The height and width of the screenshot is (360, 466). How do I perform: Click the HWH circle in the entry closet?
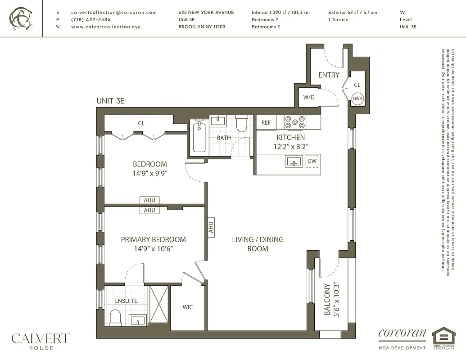[357, 99]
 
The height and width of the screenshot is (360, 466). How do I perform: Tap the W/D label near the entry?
[308, 97]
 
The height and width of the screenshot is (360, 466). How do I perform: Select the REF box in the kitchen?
[266, 122]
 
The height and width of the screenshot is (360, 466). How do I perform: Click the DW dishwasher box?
[312, 161]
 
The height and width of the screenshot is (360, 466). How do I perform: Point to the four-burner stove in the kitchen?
[295, 122]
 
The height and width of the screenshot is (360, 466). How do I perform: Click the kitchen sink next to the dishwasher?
[294, 161]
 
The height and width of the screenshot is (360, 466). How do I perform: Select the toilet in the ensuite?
[115, 317]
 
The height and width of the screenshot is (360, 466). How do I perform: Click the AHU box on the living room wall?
[210, 227]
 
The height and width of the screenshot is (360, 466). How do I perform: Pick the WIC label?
[188, 307]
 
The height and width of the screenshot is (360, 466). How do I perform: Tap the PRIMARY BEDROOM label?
[153, 239]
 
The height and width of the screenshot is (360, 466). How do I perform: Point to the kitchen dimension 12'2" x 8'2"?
[290, 146]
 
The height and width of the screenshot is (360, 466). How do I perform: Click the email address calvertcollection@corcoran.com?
[114, 13]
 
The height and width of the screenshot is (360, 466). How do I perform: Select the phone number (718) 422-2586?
[90, 20]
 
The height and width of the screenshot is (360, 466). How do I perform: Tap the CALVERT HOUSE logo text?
[41, 341]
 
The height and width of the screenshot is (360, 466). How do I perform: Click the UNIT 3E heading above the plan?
[110, 101]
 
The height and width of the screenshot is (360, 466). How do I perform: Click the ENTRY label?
[329, 75]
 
